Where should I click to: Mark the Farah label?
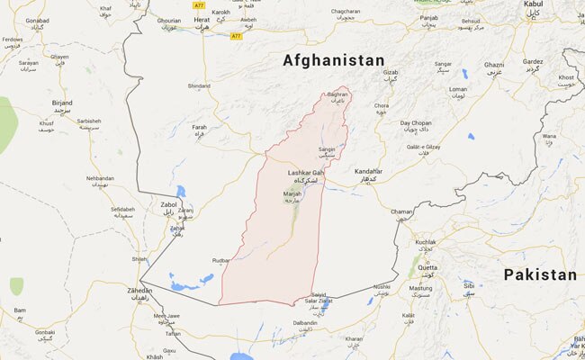200,128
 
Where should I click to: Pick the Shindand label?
199,85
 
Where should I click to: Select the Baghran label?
337,94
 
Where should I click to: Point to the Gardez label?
533,61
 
